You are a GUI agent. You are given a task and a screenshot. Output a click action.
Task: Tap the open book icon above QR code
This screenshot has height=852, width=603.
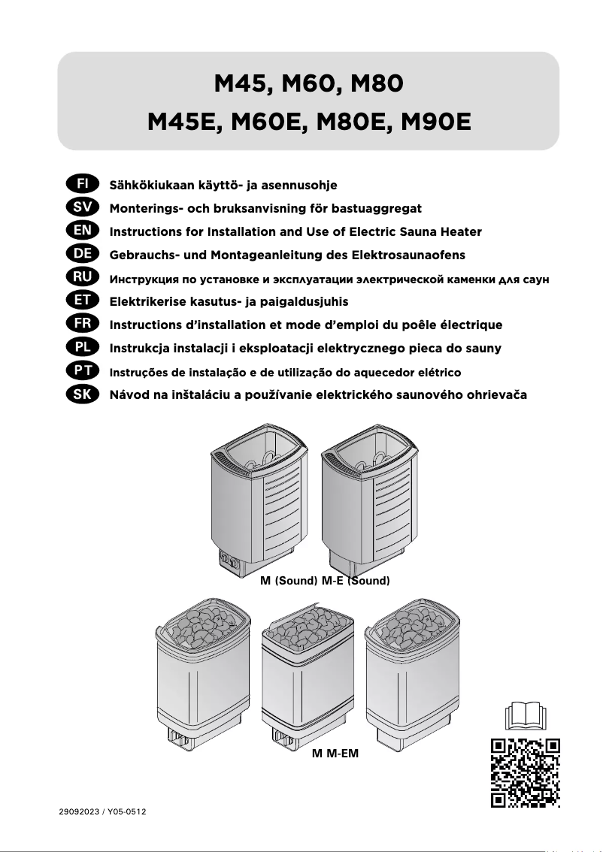[526, 715]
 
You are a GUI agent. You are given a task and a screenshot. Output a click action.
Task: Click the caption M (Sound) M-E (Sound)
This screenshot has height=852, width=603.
[324, 582]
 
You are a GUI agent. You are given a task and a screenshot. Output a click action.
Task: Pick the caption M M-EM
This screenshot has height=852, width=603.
[335, 752]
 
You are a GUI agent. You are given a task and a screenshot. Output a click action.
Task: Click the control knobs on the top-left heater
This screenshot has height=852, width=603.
[228, 560]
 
